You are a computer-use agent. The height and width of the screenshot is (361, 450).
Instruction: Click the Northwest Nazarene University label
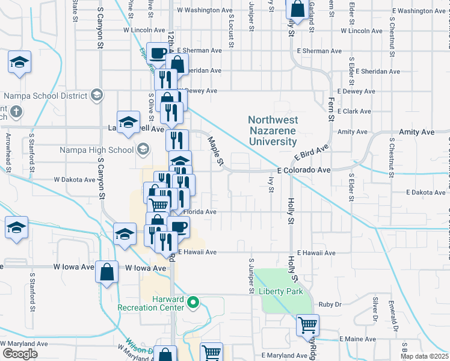pyautogui.click(x=273, y=131)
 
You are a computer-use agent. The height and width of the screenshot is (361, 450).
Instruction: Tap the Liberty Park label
pyautogui.click(x=280, y=291)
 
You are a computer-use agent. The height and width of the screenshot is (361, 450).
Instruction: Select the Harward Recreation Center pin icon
pyautogui.click(x=193, y=302)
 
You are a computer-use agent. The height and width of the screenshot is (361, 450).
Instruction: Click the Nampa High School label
pyautogui.click(x=106, y=150)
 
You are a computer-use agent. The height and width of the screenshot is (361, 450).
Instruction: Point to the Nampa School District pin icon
pyautogui.click(x=96, y=95)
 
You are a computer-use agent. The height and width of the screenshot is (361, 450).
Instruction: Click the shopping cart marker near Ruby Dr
pyautogui.click(x=308, y=326)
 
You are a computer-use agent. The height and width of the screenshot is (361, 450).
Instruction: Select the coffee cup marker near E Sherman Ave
pyautogui.click(x=158, y=54)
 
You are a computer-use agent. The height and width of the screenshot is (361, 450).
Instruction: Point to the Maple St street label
pyautogui.click(x=215, y=151)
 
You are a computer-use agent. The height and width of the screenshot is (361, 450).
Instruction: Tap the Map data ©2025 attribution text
pyautogui.click(x=425, y=356)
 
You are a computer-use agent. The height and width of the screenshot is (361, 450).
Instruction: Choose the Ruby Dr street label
pyautogui.click(x=330, y=304)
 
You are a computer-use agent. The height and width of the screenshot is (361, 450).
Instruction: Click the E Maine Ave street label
pyautogui.click(x=357, y=339)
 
